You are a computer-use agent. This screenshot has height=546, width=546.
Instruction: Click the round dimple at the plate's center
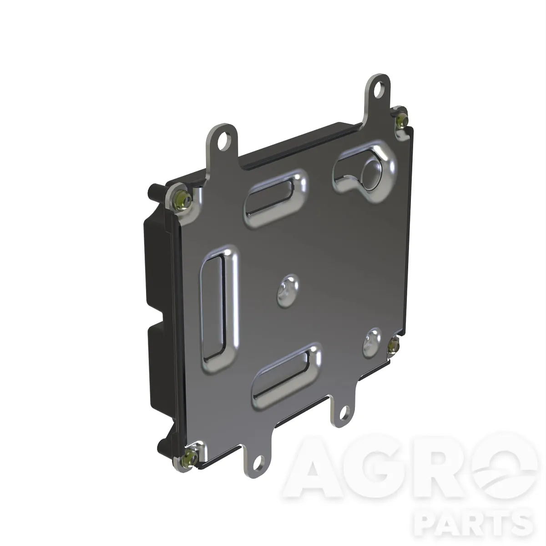coord(287,290)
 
